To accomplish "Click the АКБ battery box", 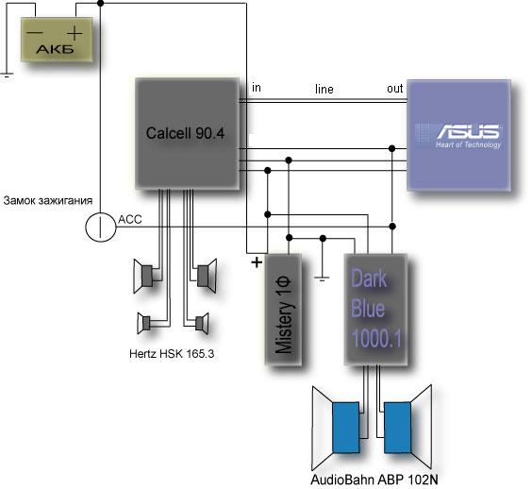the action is click(57, 40).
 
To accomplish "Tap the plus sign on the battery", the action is click(75, 34).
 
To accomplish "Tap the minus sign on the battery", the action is click(35, 33).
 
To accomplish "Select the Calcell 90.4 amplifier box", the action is click(188, 133).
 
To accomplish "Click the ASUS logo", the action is click(468, 131).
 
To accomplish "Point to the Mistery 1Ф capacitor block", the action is click(284, 310).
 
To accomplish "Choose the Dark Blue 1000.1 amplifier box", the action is click(376, 310).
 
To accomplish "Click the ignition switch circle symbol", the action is click(101, 227).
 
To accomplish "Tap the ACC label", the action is click(130, 219).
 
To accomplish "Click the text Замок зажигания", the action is click(48, 200).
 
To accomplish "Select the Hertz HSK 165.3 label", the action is click(172, 354).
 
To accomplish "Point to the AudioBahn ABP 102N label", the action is click(374, 480).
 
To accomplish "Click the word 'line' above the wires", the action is click(324, 89).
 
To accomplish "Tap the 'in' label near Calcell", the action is click(257, 88).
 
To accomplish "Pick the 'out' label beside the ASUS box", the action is click(395, 89).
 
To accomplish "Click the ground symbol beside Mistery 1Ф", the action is click(322, 278).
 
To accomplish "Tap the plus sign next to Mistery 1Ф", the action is click(257, 262).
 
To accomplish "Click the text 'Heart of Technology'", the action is click(468, 144).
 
